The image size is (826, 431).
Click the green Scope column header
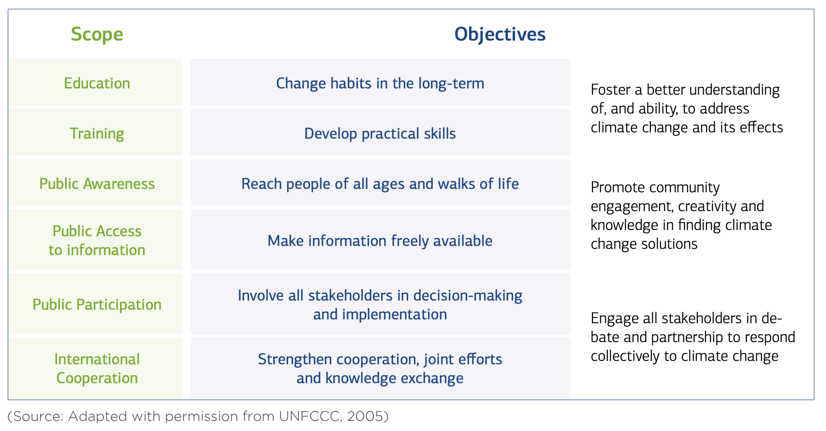tap(97, 34)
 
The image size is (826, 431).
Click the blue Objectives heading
tap(500, 34)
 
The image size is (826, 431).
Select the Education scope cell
tap(95, 83)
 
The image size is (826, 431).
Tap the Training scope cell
tap(95, 132)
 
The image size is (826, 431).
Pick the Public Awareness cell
tap(95, 183)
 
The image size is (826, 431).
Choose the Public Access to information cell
tap(95, 240)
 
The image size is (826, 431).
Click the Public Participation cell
tap(95, 304)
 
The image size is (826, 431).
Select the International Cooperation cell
tap(95, 368)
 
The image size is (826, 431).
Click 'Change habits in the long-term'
tap(380, 83)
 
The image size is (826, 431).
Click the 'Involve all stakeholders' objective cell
tap(380, 304)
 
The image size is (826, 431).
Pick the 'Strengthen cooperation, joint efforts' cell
tap(380, 368)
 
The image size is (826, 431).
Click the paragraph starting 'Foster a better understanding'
tap(687, 109)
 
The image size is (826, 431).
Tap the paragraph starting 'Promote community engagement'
tap(681, 215)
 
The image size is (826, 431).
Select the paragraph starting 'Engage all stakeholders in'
tap(693, 337)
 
